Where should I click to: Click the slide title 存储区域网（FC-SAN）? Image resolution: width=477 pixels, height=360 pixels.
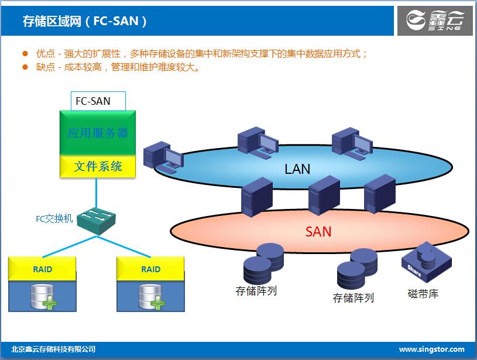pyautogui.click(x=85, y=22)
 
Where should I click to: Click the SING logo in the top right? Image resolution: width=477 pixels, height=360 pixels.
pyautogui.click(x=434, y=21)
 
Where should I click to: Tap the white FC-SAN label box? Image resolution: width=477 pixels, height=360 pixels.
pyautogui.click(x=98, y=101)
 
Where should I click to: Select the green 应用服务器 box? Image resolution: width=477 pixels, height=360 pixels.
pyautogui.click(x=98, y=133)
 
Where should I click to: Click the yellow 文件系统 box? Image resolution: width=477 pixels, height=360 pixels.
pyautogui.click(x=98, y=166)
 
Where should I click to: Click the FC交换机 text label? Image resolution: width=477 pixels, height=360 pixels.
pyautogui.click(x=54, y=219)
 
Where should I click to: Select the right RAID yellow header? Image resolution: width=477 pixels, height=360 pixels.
pyautogui.click(x=150, y=269)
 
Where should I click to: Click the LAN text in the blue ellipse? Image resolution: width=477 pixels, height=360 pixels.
pyautogui.click(x=297, y=170)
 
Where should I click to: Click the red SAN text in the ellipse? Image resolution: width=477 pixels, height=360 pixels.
pyautogui.click(x=318, y=232)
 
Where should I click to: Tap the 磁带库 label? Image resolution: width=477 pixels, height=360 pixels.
pyautogui.click(x=423, y=294)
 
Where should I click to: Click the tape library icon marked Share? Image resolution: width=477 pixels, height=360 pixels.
pyautogui.click(x=425, y=262)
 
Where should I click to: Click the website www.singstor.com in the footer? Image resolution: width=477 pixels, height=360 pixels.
pyautogui.click(x=431, y=349)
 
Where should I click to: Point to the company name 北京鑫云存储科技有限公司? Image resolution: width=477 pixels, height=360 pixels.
pyautogui.click(x=53, y=349)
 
